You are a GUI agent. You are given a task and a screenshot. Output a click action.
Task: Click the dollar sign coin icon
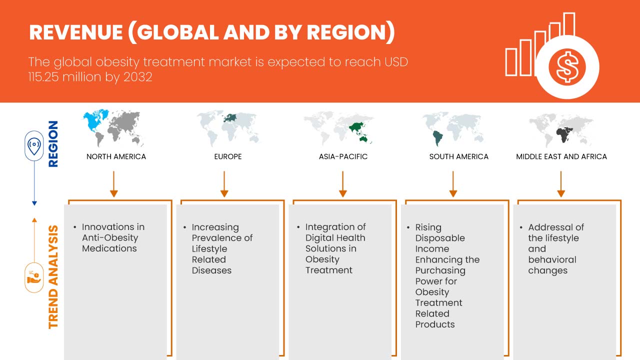pos(567,67)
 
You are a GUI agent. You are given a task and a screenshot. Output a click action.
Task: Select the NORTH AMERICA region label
pos(116,156)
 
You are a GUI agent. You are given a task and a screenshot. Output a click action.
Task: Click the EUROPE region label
pos(227,156)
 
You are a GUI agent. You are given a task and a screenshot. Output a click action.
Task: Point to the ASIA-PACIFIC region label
pos(343,156)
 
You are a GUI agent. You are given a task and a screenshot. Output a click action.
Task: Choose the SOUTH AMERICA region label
pos(458,156)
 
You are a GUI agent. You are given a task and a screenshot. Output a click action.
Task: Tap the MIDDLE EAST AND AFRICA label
pos(561,156)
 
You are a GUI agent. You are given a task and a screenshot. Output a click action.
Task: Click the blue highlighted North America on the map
pos(94,122)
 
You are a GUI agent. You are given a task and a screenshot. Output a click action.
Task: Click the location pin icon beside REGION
pos(34,146)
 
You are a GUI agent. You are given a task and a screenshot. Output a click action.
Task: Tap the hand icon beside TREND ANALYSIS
pos(34,277)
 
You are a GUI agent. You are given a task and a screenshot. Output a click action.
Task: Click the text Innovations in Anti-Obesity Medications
pos(113,237)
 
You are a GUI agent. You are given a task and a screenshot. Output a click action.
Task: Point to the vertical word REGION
pos(52,144)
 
